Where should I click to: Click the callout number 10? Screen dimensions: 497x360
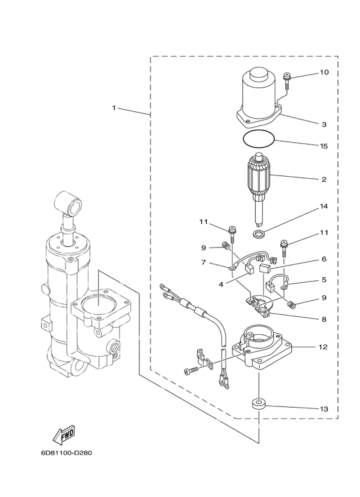tap(324, 73)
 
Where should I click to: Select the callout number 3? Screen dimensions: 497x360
tap(325, 123)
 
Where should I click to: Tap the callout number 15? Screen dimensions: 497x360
tap(324, 146)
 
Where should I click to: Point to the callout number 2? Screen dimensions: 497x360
tap(325, 179)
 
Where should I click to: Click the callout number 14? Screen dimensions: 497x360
tap(324, 208)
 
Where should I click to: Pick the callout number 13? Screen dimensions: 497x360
tap(323, 409)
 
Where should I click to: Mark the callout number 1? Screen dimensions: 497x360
tap(114, 108)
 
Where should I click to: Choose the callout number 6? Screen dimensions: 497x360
tap(324, 259)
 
